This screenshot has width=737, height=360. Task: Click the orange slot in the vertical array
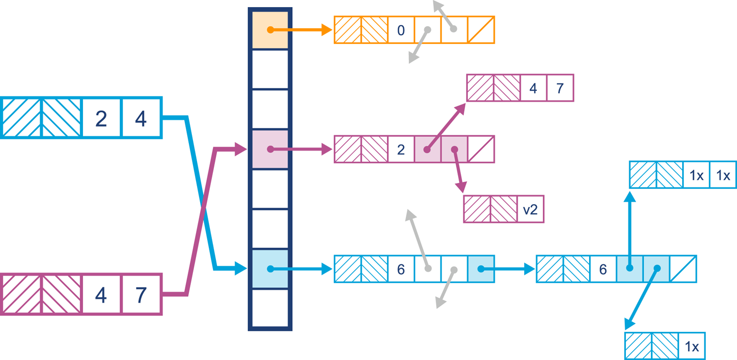point(270,30)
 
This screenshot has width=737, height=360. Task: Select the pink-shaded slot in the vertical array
point(270,150)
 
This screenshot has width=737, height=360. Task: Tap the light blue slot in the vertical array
point(270,269)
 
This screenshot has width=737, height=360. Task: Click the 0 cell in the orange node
point(401,30)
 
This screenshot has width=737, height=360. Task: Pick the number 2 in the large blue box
point(101,118)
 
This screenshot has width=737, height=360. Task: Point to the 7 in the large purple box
point(141,294)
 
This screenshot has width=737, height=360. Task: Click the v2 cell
point(530,209)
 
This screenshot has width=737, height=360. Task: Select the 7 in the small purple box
point(560,88)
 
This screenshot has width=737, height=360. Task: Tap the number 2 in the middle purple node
point(401,150)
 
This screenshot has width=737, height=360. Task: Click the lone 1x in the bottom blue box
point(691,347)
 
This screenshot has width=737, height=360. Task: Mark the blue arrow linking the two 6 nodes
point(507,269)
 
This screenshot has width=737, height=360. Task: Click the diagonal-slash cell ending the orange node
point(481,30)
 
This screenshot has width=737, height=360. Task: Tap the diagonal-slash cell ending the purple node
point(481,150)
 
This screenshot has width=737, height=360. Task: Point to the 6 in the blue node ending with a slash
point(603,269)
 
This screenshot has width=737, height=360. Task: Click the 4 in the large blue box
point(141,118)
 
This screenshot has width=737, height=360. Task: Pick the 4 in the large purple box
point(101,294)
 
